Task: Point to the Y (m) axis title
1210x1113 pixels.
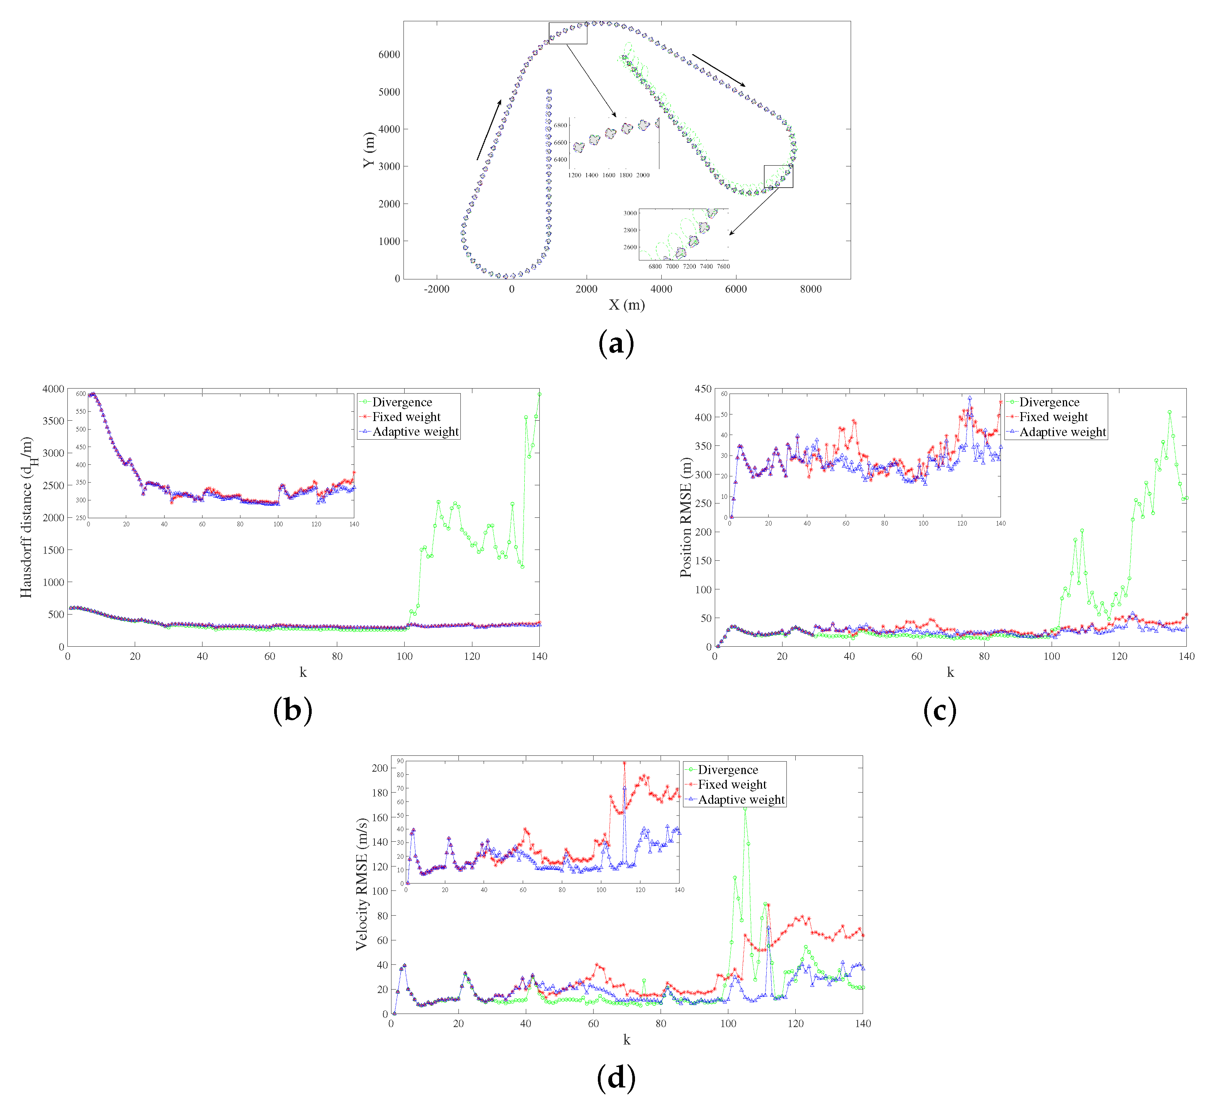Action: [x=369, y=150]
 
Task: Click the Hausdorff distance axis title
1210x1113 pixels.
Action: [x=27, y=517]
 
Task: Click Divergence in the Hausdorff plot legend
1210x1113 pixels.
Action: [x=402, y=402]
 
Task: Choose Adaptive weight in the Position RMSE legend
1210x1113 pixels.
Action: [x=1062, y=432]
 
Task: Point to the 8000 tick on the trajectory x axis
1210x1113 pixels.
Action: [x=810, y=289]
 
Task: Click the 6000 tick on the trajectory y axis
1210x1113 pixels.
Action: [x=389, y=54]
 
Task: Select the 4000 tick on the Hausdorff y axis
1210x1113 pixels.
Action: [x=53, y=389]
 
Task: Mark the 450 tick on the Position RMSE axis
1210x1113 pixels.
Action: [x=703, y=389]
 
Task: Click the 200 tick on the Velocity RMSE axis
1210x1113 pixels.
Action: [x=379, y=768]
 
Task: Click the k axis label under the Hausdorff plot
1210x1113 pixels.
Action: [x=303, y=673]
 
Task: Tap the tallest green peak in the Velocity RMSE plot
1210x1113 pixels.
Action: [x=745, y=809]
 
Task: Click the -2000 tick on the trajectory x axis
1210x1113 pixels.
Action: [x=436, y=289]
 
